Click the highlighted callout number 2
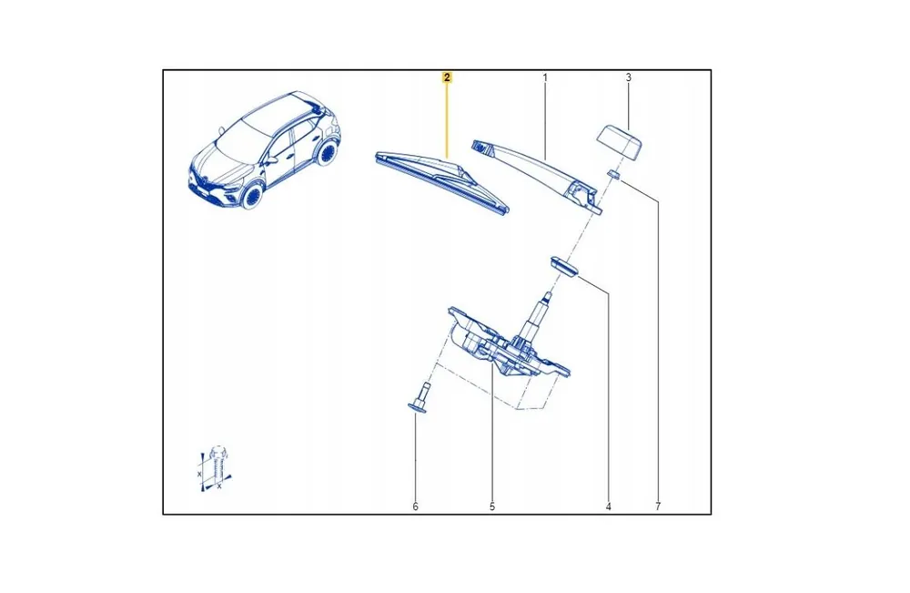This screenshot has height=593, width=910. tap(447, 77)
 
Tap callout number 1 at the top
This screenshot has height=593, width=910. tap(545, 77)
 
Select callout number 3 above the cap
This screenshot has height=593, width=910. tap(628, 77)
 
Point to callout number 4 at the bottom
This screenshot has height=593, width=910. tap(608, 506)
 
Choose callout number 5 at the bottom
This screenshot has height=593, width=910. tap(492, 506)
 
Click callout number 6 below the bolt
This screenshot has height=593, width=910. tap(416, 506)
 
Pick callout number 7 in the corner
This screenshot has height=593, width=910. tap(658, 506)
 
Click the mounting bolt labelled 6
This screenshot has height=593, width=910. tap(421, 398)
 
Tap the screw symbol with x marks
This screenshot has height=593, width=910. tap(215, 468)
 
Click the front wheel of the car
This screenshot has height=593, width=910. tap(253, 196)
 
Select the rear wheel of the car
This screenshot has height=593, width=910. tap(329, 153)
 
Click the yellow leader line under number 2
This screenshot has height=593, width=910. tap(447, 120)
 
